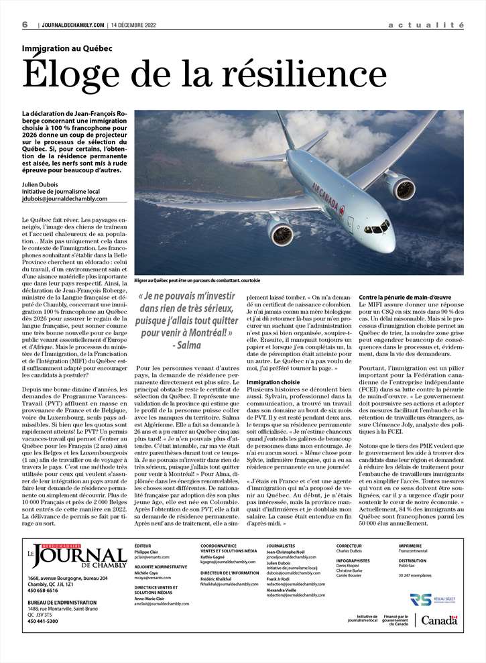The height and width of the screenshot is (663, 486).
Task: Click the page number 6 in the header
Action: pos(25,25)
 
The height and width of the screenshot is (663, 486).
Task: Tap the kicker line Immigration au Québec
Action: pos(67,49)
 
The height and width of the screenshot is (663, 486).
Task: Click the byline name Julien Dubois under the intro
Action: pos(42,184)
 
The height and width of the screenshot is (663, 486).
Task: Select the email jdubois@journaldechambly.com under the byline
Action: pos(64,198)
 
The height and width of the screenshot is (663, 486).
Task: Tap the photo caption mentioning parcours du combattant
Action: pos(188,281)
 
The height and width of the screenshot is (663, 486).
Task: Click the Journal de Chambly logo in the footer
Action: pos(77,556)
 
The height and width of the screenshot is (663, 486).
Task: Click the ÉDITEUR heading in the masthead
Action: pos(143,546)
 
